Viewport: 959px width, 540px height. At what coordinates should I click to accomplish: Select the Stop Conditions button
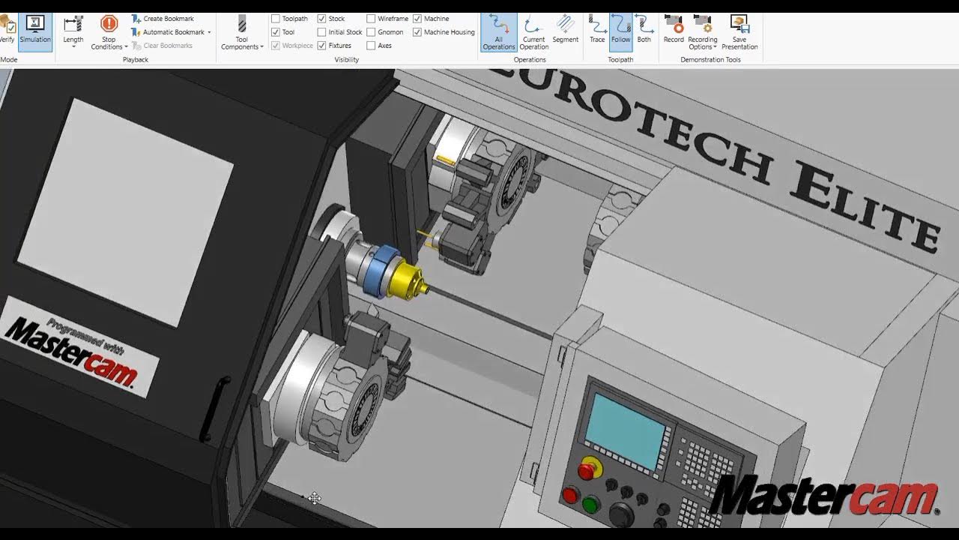109,33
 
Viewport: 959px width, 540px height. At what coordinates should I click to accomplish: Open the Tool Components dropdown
241,34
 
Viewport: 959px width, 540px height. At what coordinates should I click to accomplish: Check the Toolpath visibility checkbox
276,19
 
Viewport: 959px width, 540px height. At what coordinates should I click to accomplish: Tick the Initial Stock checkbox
322,32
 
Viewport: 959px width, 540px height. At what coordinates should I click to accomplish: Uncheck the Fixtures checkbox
322,46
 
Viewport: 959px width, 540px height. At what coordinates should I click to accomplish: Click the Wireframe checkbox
372,19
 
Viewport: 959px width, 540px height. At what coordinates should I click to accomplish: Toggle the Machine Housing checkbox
417,32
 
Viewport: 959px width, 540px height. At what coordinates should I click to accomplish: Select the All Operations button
498,32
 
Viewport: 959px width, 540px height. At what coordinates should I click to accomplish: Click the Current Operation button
533,32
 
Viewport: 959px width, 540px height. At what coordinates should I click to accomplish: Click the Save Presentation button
739,32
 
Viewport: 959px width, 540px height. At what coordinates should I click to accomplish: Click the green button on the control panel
590,505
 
